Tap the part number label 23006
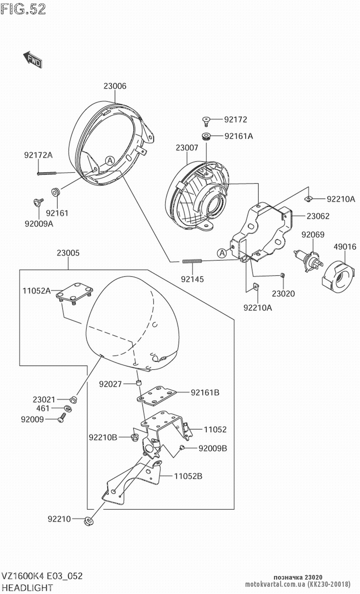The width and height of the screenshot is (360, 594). pos(115,86)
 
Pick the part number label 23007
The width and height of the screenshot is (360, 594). pos(187,147)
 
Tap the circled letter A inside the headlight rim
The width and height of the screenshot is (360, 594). pos(110,160)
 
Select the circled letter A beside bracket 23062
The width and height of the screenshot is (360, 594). pos(222,253)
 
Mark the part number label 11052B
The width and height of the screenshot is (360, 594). pos(188,476)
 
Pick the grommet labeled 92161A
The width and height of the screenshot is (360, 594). pos(206,137)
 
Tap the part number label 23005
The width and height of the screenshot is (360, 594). pos(68,253)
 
